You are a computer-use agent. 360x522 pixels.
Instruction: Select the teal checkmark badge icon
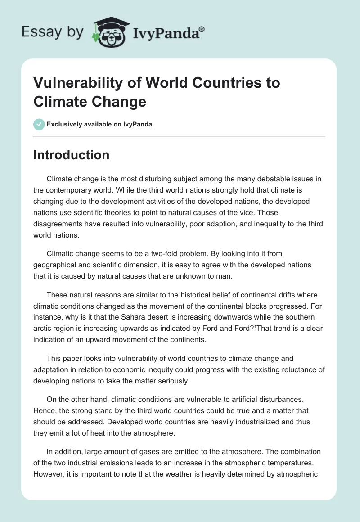point(39,124)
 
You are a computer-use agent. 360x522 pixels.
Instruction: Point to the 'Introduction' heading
point(72,155)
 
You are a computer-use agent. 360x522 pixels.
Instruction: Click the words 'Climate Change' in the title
point(90,101)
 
